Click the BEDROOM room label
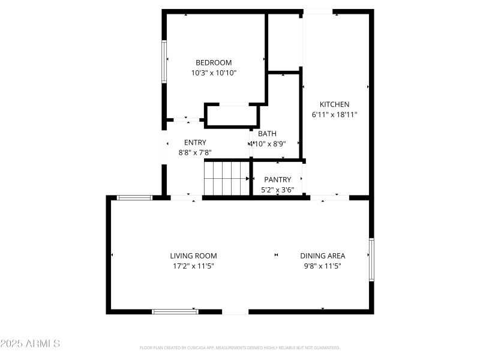coord(214,62)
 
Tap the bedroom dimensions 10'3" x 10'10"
coord(214,73)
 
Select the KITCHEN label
coord(334,104)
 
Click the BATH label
coord(268,134)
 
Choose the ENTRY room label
coord(195,142)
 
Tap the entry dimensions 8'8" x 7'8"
coord(195,152)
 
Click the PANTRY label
coord(277,179)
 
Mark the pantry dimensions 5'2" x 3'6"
coord(277,190)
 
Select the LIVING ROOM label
coord(193,256)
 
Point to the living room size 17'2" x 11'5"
coord(193,265)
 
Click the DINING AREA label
coord(323,256)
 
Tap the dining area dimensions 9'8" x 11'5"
coord(323,265)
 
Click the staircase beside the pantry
coord(226,178)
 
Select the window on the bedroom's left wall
coord(164,61)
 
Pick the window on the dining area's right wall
coord(371,260)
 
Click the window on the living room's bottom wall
coord(175,311)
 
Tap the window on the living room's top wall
coord(134,197)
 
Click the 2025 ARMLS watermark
coord(30,344)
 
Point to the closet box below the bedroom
coord(232,115)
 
